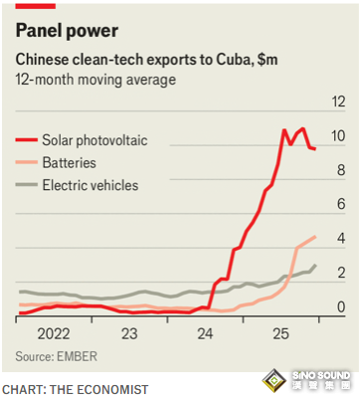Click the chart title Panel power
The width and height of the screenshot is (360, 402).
pyautogui.click(x=67, y=31)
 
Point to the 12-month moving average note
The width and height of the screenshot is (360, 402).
pyautogui.click(x=95, y=80)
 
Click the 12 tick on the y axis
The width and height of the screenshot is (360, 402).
pyautogui.click(x=338, y=101)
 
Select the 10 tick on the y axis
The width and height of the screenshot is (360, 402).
pyautogui.click(x=338, y=135)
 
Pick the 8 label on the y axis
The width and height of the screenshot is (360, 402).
pyautogui.click(x=341, y=170)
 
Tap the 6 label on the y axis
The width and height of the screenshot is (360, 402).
pyautogui.click(x=341, y=204)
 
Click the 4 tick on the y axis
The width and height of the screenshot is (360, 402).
pyautogui.click(x=341, y=238)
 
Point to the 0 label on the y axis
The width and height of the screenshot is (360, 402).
pyautogui.click(x=341, y=306)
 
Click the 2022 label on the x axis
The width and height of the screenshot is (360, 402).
pyautogui.click(x=54, y=333)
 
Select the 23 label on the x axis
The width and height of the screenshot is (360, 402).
pyautogui.click(x=129, y=333)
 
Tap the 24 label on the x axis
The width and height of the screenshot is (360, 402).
pyautogui.click(x=205, y=333)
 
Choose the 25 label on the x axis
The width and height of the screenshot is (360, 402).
pyautogui.click(x=281, y=333)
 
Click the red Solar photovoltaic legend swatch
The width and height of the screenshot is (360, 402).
pyautogui.click(x=26, y=140)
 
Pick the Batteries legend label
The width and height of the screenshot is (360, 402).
pyautogui.click(x=70, y=163)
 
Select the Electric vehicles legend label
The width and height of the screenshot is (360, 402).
pyautogui.click(x=90, y=185)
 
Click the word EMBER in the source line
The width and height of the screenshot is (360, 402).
pyautogui.click(x=77, y=356)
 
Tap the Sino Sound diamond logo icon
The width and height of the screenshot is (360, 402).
pyautogui.click(x=273, y=381)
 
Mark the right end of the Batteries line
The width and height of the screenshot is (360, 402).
pyautogui.click(x=315, y=237)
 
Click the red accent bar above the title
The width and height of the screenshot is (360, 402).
pyautogui.click(x=36, y=6)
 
